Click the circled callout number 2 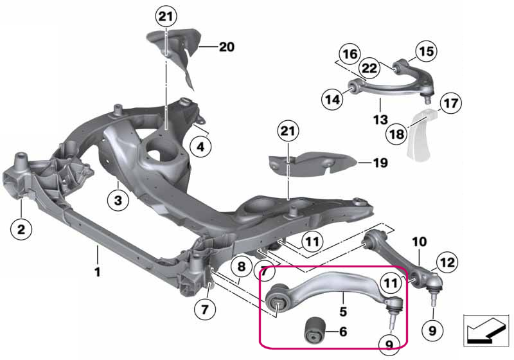(21, 229)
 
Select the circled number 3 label (118, 200)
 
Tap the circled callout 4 (200, 147)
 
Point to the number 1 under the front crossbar (97, 272)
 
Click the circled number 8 (242, 266)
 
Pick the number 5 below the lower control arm (343, 311)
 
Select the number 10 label (420, 242)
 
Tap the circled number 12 (447, 262)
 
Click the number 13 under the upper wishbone (380, 120)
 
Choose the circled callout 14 (332, 99)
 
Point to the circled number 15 (426, 51)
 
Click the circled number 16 (350, 54)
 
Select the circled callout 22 (369, 68)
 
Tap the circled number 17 (451, 103)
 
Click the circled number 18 (396, 134)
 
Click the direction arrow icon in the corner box (486, 330)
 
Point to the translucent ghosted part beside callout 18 (421, 134)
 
